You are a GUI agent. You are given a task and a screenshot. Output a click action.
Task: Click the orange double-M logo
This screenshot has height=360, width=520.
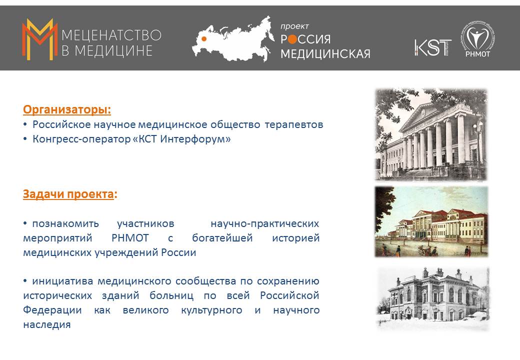(x=39, y=39)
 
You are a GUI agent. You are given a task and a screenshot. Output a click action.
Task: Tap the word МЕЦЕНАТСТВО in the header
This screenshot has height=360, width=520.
(x=111, y=35)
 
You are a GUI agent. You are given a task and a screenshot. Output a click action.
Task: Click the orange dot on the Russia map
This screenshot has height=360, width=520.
(x=204, y=39)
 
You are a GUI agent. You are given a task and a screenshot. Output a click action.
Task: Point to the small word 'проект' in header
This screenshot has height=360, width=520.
(x=294, y=26)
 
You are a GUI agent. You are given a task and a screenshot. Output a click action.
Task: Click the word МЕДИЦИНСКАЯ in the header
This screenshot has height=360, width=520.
(x=325, y=53)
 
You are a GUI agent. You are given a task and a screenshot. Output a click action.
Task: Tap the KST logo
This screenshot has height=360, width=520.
(x=433, y=47)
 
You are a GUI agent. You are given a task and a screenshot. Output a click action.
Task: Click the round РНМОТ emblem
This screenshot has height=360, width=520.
(x=477, y=39)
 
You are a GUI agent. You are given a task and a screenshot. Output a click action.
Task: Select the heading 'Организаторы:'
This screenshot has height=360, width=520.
(x=67, y=109)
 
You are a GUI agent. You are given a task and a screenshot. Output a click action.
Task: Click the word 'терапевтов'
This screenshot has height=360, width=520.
(x=294, y=125)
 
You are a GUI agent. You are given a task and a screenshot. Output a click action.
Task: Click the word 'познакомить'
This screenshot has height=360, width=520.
(x=65, y=224)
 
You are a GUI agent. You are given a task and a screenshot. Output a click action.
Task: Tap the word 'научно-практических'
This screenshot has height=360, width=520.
(x=264, y=224)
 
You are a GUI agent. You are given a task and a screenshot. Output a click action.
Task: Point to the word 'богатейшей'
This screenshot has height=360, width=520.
(x=222, y=238)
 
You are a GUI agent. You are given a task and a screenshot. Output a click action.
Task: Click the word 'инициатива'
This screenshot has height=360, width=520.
(x=61, y=281)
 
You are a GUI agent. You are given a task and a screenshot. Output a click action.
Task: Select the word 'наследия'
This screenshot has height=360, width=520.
(x=47, y=324)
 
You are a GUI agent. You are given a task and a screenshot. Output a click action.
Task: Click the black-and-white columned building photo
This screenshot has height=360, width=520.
(x=431, y=134)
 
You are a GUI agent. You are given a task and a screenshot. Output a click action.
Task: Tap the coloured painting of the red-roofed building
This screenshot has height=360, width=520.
(x=431, y=222)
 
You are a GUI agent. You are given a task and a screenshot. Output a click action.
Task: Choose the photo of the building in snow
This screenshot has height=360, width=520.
(x=433, y=299)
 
